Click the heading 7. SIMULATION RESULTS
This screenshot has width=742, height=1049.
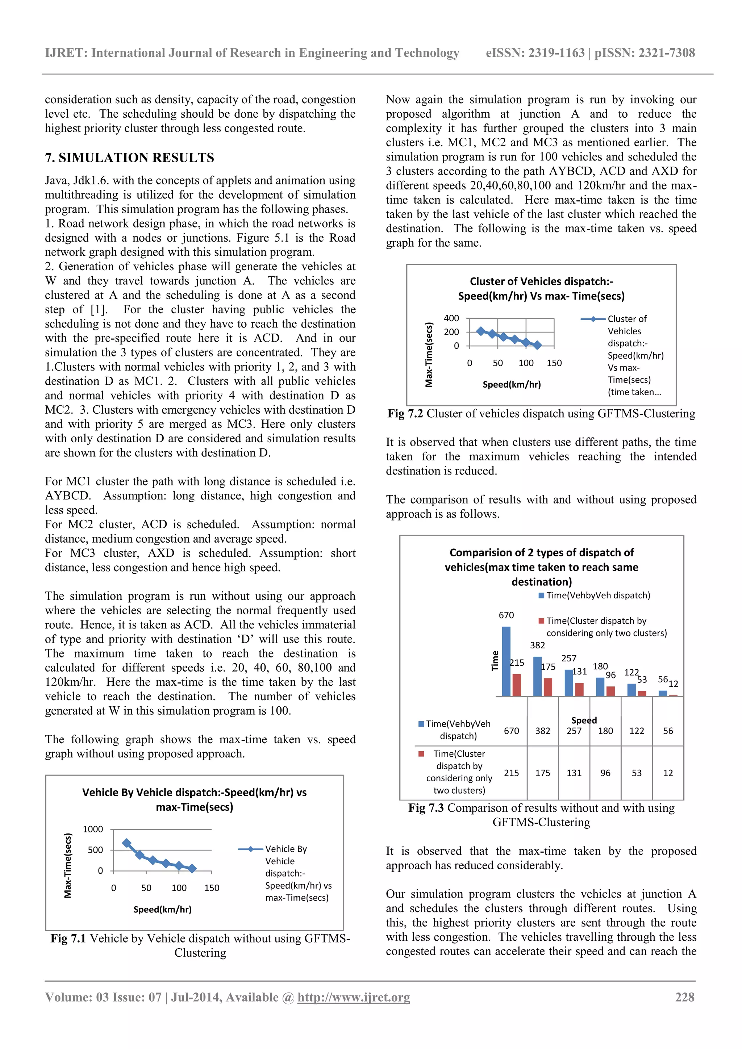pos(129,158)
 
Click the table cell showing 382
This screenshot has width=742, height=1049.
pos(542,731)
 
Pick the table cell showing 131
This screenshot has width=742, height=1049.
pos(574,773)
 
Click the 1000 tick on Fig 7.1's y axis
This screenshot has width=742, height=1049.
pos(93,829)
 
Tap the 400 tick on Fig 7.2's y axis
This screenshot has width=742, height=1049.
pos(451,318)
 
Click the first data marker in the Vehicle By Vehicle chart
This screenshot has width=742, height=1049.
pos(126,843)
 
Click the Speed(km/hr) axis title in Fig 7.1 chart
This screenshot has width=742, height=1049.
pos(162,909)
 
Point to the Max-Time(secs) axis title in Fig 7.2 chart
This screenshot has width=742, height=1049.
pos(429,355)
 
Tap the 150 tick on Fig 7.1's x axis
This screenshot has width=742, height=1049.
pos(212,888)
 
